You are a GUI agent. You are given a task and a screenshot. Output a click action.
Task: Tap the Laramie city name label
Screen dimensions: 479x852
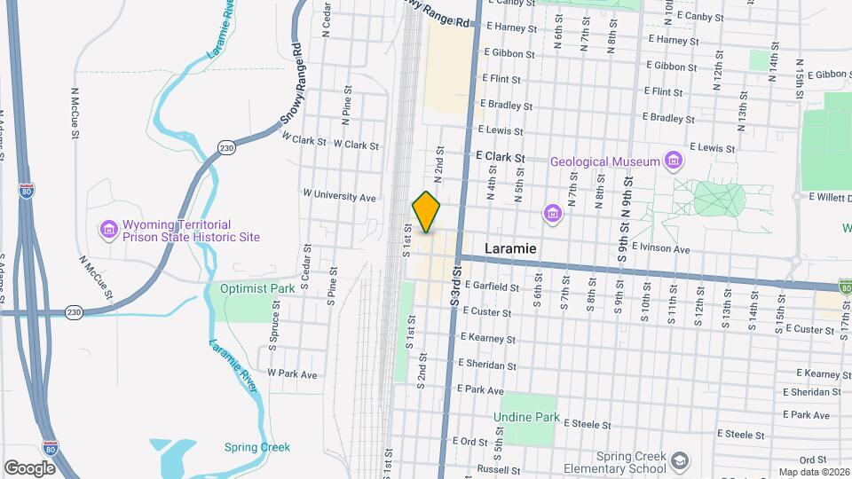tap(510, 248)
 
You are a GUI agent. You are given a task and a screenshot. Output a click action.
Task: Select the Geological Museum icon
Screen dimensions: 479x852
tap(674, 161)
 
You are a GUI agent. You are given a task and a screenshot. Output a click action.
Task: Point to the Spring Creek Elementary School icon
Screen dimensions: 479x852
tap(679, 461)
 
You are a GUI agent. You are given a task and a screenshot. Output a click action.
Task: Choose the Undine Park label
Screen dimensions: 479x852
tap(527, 417)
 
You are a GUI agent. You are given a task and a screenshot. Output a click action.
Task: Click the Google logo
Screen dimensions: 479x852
tap(30, 467)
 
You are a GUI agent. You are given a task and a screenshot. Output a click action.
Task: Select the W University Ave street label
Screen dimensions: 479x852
tap(340, 195)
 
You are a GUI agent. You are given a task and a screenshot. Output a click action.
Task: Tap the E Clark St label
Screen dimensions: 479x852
tap(501, 156)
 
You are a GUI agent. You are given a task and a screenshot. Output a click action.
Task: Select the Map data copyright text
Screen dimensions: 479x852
tap(813, 472)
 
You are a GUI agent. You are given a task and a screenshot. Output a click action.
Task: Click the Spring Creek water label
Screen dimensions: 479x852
tap(257, 447)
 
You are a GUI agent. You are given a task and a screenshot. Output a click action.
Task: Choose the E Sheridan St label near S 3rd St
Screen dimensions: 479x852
tap(487, 365)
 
